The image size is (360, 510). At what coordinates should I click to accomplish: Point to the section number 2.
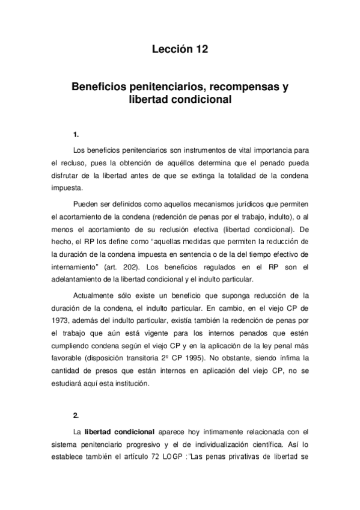(75, 415)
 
